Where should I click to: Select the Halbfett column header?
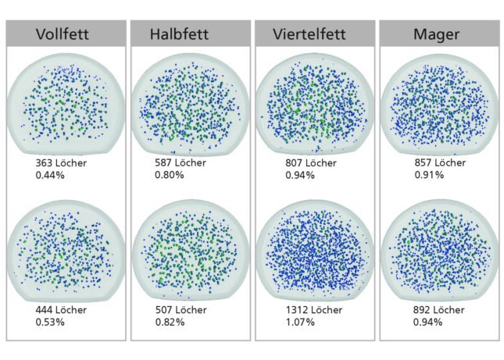[189, 34]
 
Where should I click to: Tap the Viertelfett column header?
[313, 34]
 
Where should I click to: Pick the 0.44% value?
[50, 175]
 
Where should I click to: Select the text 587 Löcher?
[182, 164]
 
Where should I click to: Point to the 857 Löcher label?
[440, 164]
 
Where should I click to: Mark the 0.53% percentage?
[50, 321]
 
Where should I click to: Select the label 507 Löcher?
[182, 310]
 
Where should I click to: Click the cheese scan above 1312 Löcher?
[313, 248]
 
